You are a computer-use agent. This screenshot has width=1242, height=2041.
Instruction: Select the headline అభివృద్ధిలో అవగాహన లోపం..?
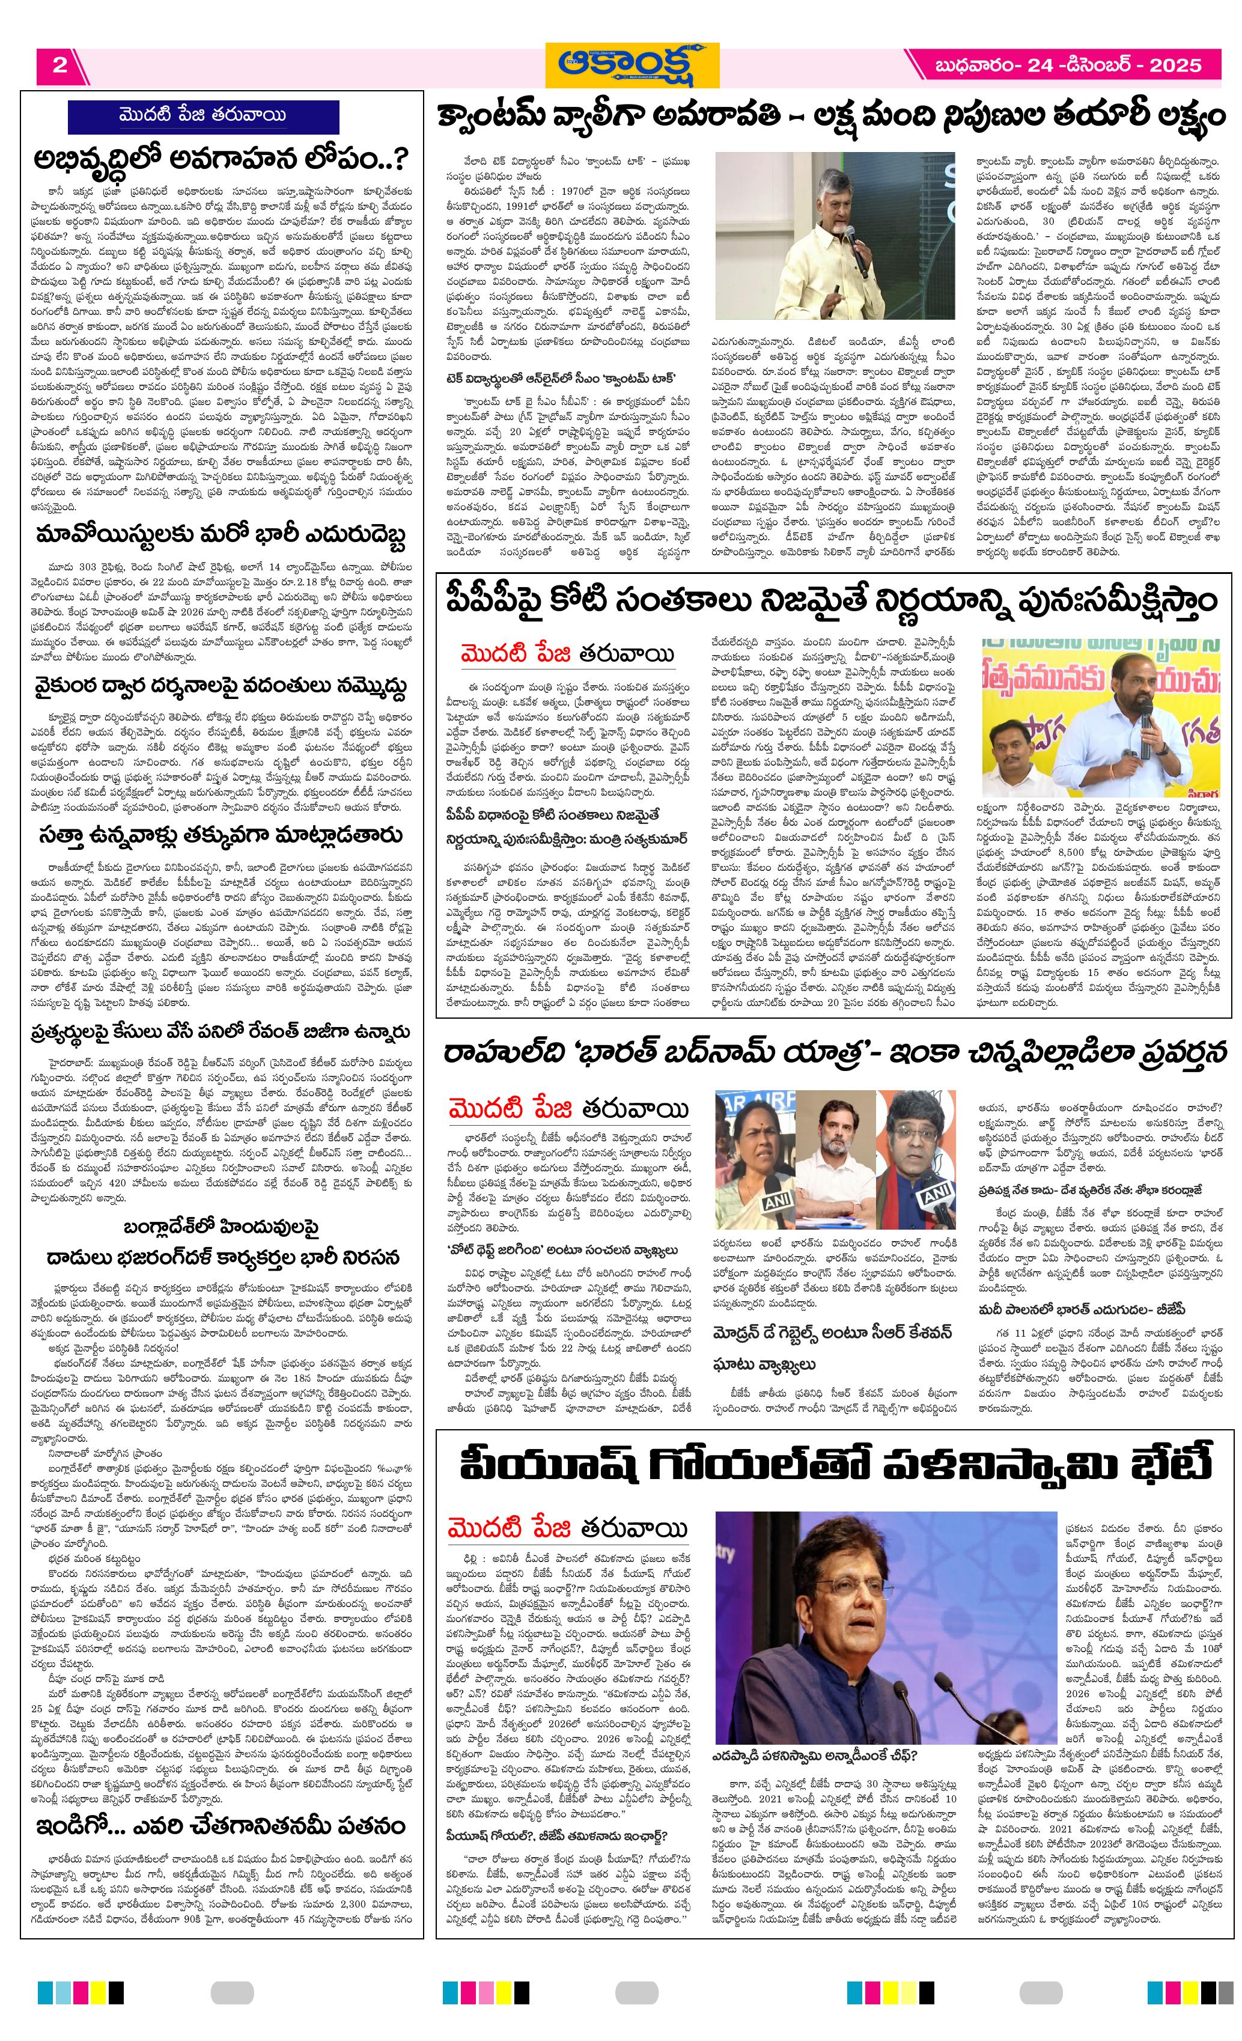[219, 157]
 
